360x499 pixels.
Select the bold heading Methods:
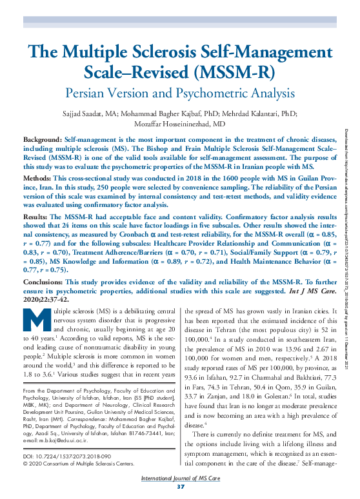[x=38, y=177]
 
